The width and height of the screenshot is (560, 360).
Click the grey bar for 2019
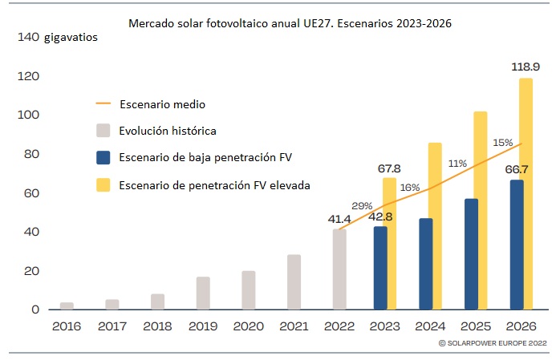click(203, 293)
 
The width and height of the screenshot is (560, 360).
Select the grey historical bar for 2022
click(339, 269)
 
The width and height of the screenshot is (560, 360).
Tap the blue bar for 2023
click(380, 268)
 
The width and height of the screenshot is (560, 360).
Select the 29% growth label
click(362, 205)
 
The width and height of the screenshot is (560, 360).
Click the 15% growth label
click(502, 143)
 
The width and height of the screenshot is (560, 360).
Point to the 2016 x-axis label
click(67, 327)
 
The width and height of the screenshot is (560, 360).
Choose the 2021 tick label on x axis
click(294, 327)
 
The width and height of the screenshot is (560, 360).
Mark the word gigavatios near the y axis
click(71, 38)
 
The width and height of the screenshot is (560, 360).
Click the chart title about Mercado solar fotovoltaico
click(290, 24)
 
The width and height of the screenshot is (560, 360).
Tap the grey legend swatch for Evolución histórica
click(103, 130)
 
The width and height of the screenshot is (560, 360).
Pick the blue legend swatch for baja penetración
click(103, 157)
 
